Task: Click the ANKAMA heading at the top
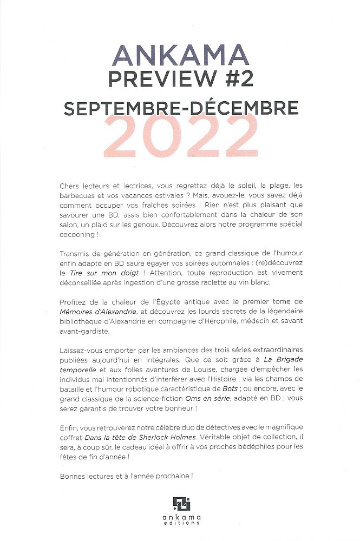(x=181, y=56)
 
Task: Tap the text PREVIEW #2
(x=180, y=80)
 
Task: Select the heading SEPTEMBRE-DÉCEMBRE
(x=180, y=108)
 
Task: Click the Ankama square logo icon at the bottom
(x=181, y=503)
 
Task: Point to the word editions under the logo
(x=181, y=523)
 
